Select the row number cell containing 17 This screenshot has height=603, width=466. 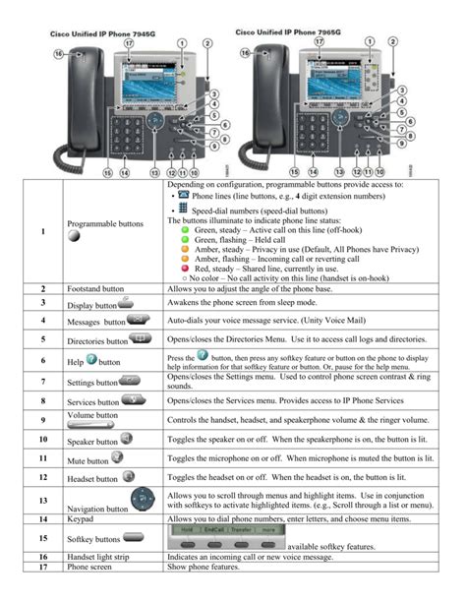[43, 570]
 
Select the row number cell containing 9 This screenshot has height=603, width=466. [43, 421]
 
